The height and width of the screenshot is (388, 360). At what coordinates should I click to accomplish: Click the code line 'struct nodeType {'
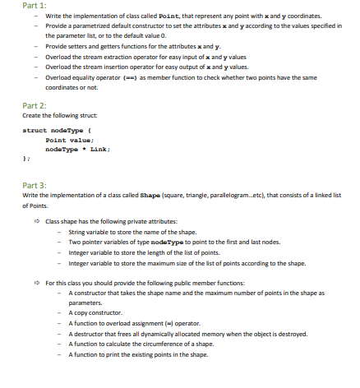click(51, 132)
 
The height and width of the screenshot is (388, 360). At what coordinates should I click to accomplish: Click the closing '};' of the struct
click(26, 159)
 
